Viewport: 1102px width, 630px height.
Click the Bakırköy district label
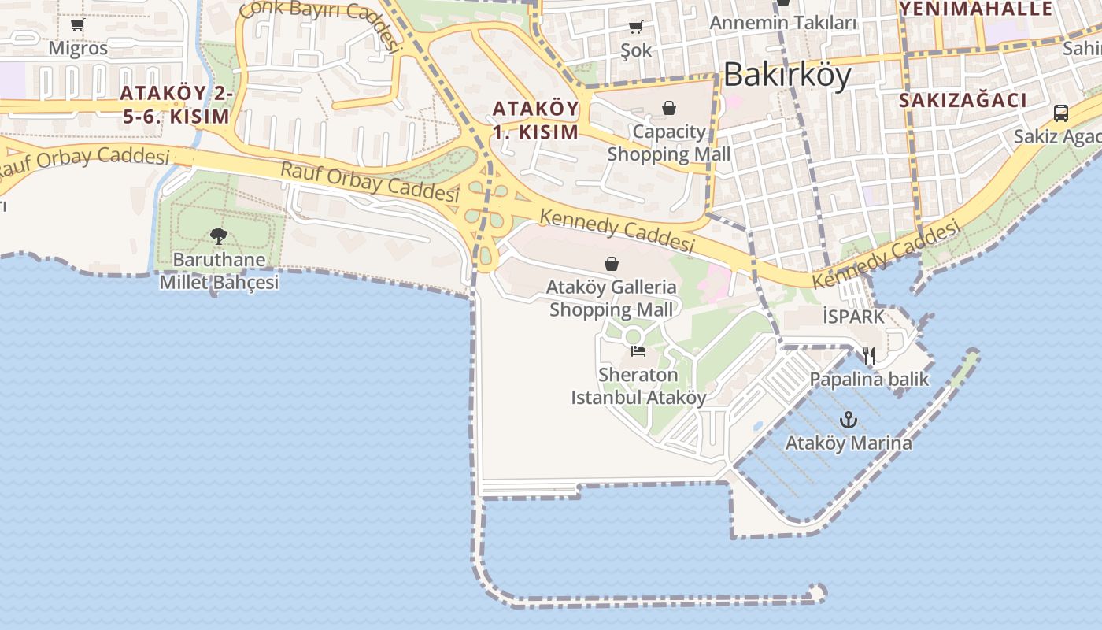point(787,75)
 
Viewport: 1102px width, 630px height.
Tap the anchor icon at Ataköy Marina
point(848,420)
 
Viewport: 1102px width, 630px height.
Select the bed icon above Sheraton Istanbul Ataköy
point(638,350)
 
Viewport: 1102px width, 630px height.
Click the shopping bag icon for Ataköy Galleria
point(612,264)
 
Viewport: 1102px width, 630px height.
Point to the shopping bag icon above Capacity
point(669,108)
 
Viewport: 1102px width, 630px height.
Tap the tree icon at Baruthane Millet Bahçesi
point(219,235)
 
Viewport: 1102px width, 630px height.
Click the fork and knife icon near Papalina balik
point(869,356)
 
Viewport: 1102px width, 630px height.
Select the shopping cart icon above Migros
point(78,25)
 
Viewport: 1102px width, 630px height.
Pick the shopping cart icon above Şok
point(636,28)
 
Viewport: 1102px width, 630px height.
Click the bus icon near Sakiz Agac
point(1061,113)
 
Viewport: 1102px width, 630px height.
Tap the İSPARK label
point(854,317)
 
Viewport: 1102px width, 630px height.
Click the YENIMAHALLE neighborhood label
point(976,9)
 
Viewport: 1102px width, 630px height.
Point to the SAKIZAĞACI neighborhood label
point(963,100)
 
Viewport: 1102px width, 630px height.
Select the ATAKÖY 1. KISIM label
point(536,120)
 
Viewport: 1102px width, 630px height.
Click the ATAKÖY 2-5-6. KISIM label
point(176,105)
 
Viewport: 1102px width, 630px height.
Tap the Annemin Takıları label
point(782,23)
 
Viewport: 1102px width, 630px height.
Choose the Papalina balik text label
point(870,380)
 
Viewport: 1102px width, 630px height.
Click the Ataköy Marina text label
point(849,443)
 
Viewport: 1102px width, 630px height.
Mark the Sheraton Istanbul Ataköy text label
point(638,386)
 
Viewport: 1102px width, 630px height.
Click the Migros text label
point(78,48)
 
